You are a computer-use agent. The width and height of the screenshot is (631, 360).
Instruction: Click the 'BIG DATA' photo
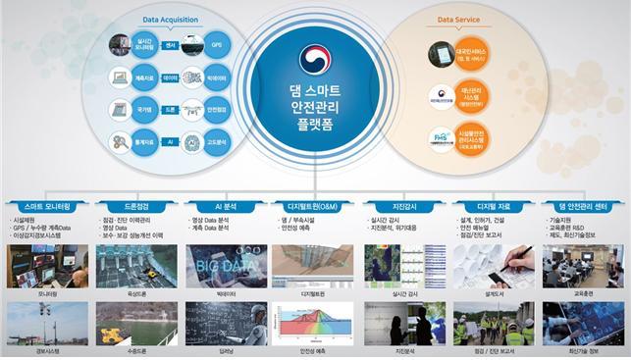point(226,259)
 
